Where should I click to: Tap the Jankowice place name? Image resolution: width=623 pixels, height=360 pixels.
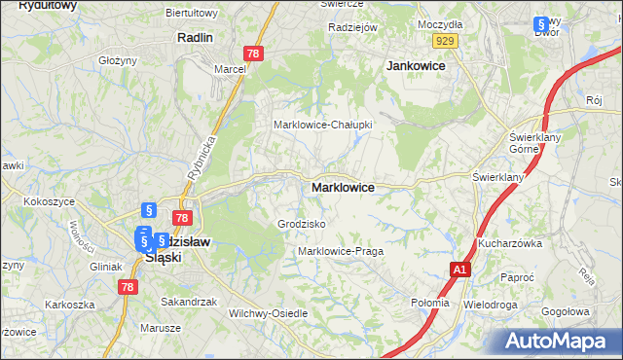[x=416, y=65]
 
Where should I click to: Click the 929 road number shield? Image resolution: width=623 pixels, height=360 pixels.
[x=446, y=40]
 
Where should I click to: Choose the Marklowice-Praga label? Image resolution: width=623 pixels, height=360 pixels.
[x=341, y=251]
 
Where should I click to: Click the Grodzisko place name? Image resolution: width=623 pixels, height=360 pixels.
[x=302, y=224]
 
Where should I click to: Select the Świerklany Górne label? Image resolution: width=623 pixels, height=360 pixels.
[x=531, y=144]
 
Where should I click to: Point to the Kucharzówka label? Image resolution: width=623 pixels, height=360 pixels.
[x=509, y=243]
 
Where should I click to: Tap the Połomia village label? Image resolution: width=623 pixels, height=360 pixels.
[x=430, y=303]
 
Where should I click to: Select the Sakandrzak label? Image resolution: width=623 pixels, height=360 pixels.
[x=189, y=302]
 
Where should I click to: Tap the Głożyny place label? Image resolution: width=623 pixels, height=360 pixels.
[x=117, y=60]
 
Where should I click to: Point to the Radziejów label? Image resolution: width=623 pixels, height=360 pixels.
[x=352, y=27]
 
